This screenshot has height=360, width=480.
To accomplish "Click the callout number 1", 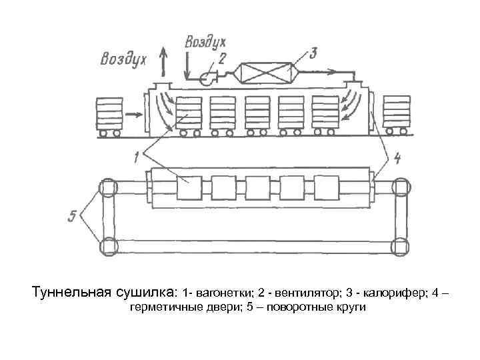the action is (137, 158).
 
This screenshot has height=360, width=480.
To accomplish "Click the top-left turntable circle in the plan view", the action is (109, 188).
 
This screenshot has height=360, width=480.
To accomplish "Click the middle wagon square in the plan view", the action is (257, 189).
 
